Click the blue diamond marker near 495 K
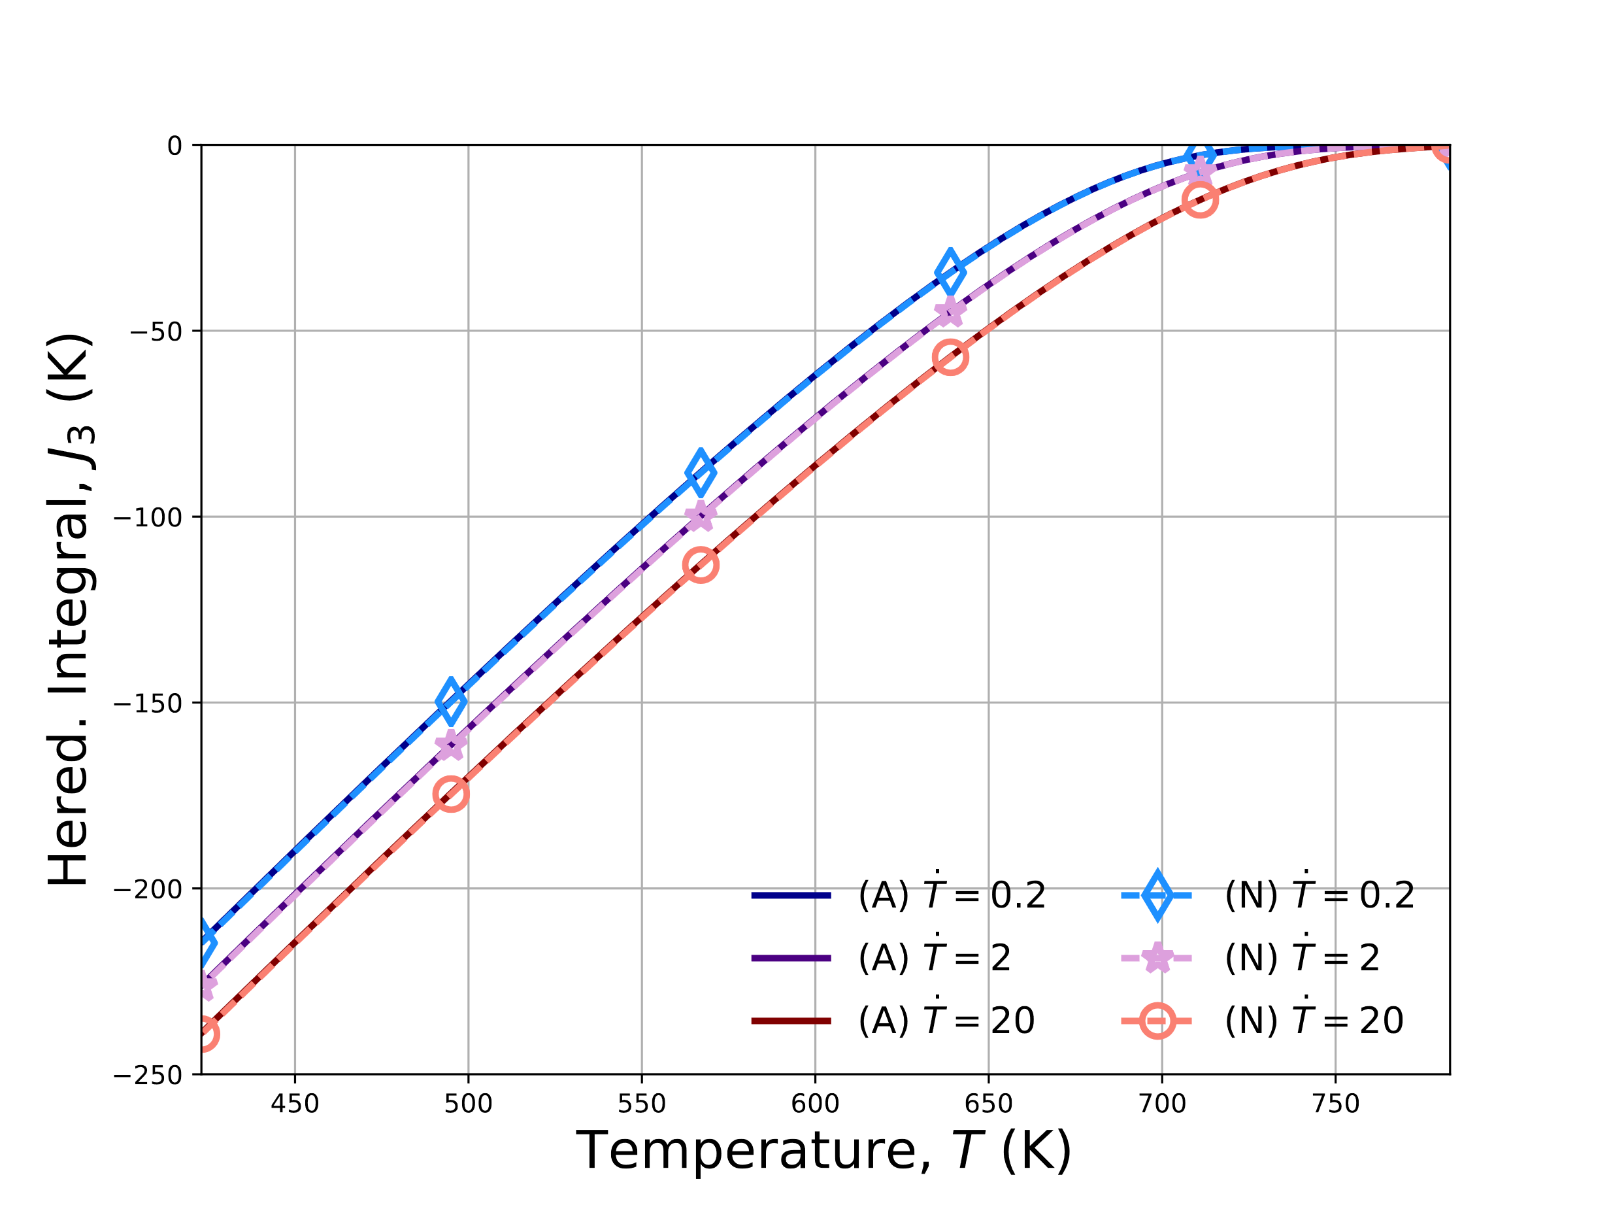(451, 702)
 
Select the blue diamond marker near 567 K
(701, 472)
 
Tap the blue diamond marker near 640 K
(950, 273)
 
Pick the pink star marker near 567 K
(701, 516)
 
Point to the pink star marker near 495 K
(451, 745)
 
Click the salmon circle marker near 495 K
(451, 794)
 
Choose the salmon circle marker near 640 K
(950, 357)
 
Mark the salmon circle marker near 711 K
(1199, 199)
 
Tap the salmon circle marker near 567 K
(701, 566)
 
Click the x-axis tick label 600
(815, 1104)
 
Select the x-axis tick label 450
(295, 1104)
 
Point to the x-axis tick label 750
(1336, 1104)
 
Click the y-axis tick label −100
(148, 517)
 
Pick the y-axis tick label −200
(148, 889)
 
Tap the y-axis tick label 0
(174, 146)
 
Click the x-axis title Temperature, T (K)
(823, 1151)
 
